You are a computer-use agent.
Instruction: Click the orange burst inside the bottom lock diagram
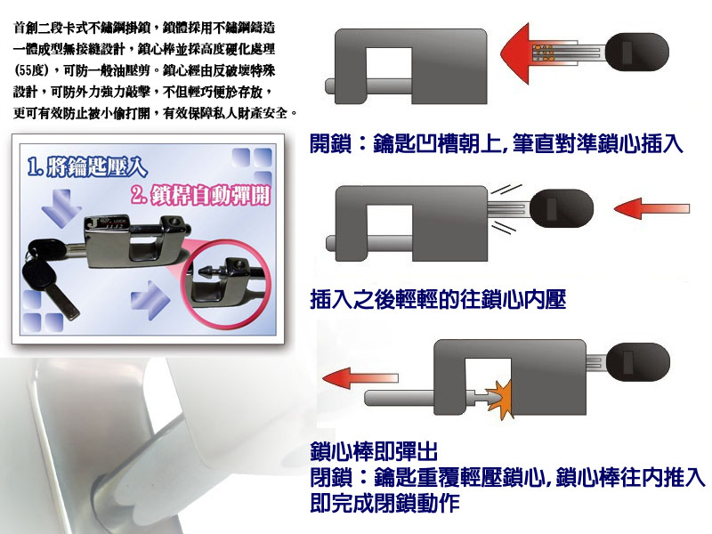499,398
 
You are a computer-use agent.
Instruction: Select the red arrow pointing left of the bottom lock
360,378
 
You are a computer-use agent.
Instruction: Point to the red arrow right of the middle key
651,209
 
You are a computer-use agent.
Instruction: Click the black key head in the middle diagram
562,208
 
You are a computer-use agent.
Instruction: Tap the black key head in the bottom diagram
638,363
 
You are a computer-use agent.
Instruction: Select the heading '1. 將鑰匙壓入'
87,166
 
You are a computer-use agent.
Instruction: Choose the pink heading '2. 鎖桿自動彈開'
200,195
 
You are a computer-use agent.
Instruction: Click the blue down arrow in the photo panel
61,208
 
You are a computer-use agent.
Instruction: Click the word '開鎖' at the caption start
331,143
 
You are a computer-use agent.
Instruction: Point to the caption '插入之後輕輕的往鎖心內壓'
438,300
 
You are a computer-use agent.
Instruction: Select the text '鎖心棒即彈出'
374,451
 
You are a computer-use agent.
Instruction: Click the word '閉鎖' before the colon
331,477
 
